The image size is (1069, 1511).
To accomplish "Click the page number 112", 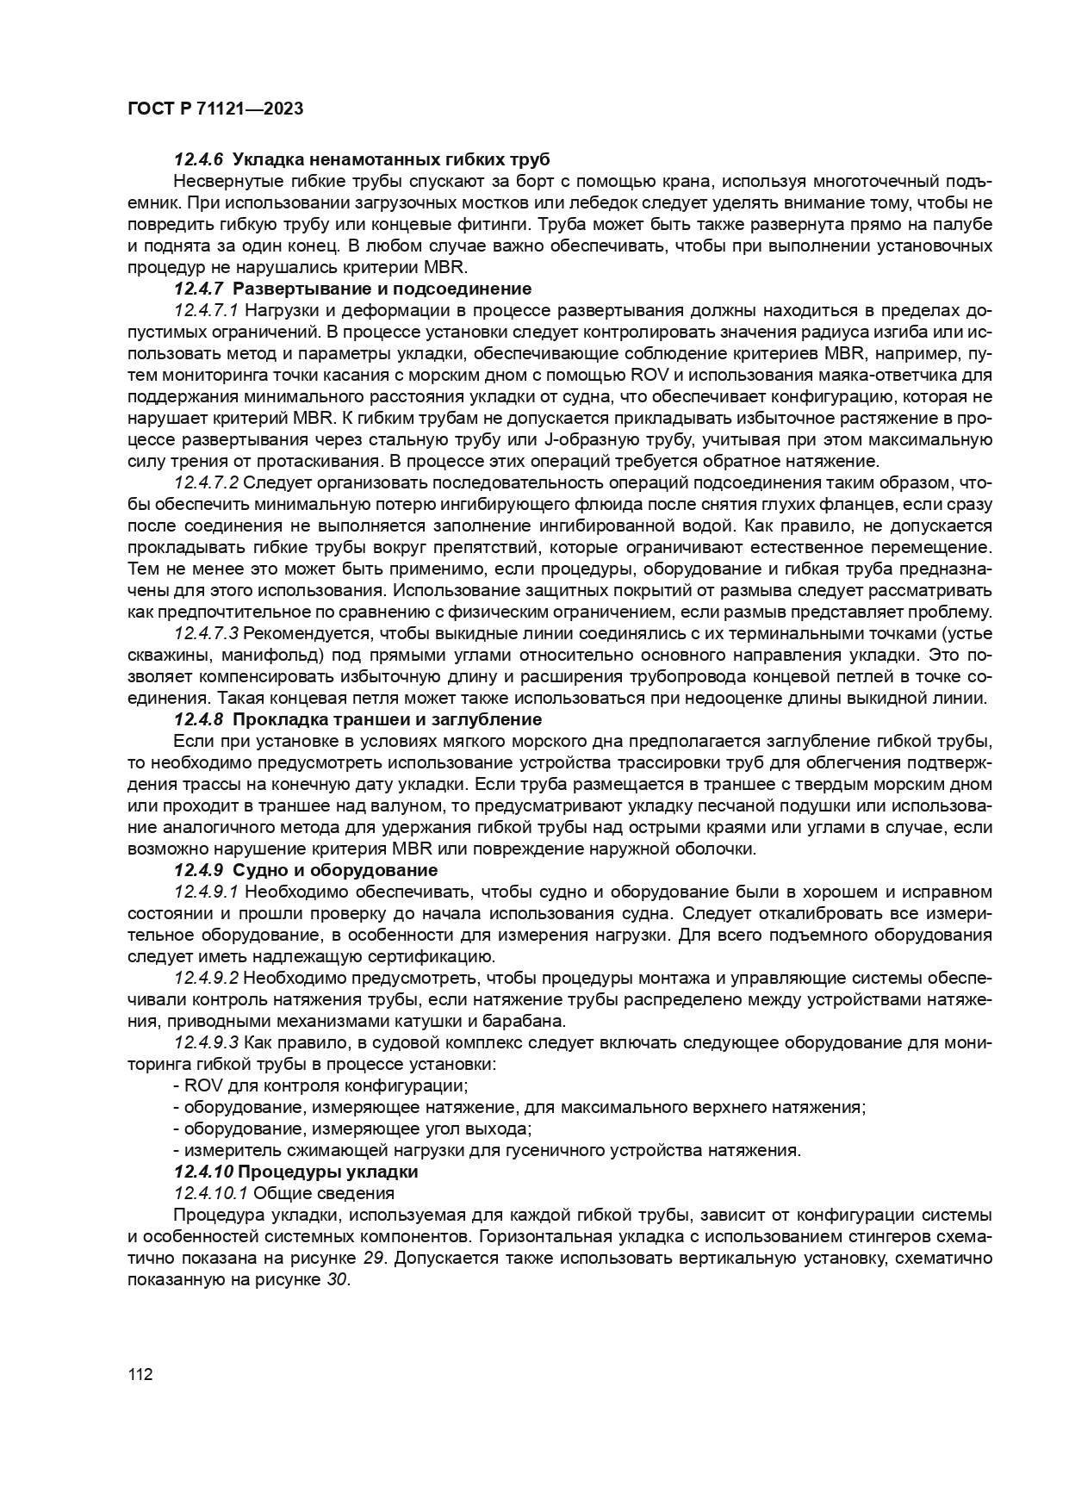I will pyautogui.click(x=140, y=1375).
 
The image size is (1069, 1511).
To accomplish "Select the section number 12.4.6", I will pyautogui.click(x=198, y=159).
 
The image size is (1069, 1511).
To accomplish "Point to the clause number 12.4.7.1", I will pyautogui.click(x=206, y=310).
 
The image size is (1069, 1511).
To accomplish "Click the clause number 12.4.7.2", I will pyautogui.click(x=206, y=482).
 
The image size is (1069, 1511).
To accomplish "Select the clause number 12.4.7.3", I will pyautogui.click(x=206, y=633).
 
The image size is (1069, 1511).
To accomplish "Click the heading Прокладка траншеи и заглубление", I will pyautogui.click(x=387, y=719).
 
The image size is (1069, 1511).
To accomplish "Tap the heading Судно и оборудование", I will pyautogui.click(x=335, y=870).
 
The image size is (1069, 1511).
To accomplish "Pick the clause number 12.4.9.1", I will pyautogui.click(x=206, y=892).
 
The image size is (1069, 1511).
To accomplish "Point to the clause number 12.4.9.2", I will pyautogui.click(x=206, y=978).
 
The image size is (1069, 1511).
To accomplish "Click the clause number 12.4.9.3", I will pyautogui.click(x=206, y=1042).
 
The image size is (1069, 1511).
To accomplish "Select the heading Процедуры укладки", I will pyautogui.click(x=327, y=1172).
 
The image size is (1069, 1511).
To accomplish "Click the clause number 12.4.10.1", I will pyautogui.click(x=211, y=1193).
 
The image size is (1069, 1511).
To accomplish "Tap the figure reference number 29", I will pyautogui.click(x=373, y=1258).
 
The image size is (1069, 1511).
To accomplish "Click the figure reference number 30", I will pyautogui.click(x=337, y=1279).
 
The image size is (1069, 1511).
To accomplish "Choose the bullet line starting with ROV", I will pyautogui.click(x=320, y=1085).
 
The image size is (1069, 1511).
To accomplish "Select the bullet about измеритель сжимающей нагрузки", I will pyautogui.click(x=487, y=1150).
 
